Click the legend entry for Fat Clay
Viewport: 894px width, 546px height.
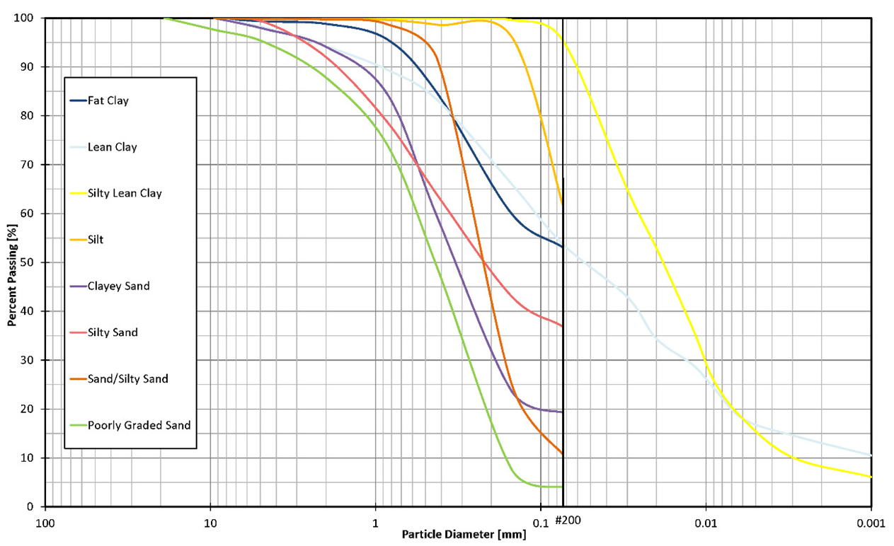pyautogui.click(x=108, y=100)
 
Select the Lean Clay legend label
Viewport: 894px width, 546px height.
pyautogui.click(x=113, y=147)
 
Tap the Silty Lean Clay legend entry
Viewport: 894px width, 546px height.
pyautogui.click(x=125, y=193)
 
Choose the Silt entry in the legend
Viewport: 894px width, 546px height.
pyautogui.click(x=96, y=240)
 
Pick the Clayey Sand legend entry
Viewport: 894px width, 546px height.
pyautogui.click(x=118, y=286)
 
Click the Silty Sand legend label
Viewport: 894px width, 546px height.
pyautogui.click(x=113, y=332)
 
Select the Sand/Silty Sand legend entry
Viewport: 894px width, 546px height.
pyautogui.click(x=127, y=379)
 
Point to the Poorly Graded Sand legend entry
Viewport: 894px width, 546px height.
pyautogui.click(x=139, y=425)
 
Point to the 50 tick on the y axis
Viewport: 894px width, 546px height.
pyautogui.click(x=30, y=262)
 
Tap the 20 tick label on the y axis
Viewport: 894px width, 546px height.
pyautogui.click(x=30, y=409)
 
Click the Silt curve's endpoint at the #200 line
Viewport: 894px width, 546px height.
pyautogui.click(x=562, y=203)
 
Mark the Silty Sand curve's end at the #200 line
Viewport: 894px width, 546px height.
pyautogui.click(x=562, y=325)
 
